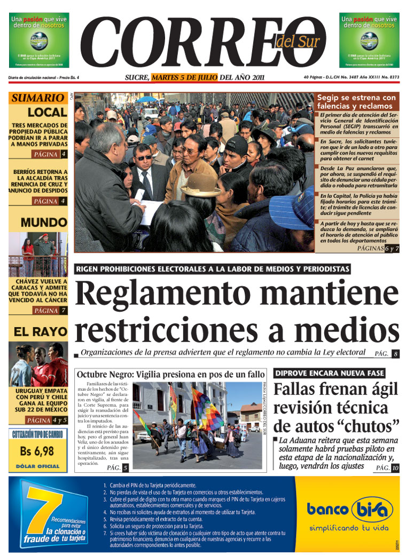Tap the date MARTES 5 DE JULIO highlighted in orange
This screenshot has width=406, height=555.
pos(184,77)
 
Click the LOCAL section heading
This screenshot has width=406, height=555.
pos(47,113)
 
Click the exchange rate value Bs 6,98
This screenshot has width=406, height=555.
pos(37,451)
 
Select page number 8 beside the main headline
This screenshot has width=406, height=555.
pos(395,354)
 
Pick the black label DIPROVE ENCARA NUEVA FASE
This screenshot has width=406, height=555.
pos(329,373)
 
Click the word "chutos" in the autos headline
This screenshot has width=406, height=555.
pos(363,426)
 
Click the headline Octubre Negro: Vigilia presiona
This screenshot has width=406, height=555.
pos(170,374)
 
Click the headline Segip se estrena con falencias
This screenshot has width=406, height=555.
pos(356,101)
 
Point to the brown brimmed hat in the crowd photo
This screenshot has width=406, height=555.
pos(200,185)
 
